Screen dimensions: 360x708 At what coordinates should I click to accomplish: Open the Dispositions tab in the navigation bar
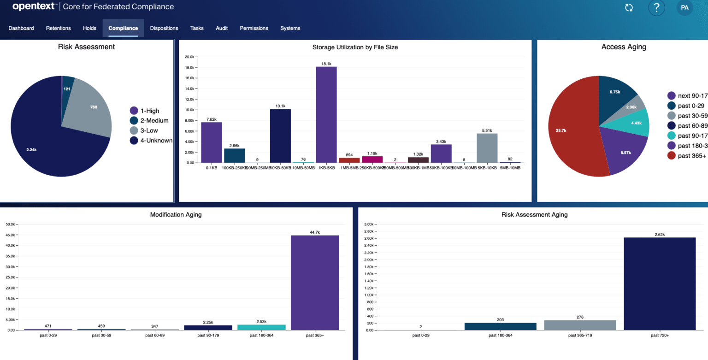point(164,28)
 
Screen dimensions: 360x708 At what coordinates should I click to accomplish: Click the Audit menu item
point(222,28)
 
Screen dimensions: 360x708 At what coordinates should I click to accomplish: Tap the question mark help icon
point(656,7)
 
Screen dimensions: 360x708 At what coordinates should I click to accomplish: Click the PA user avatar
point(684,7)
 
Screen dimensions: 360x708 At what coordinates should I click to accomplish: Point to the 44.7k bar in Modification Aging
point(315,282)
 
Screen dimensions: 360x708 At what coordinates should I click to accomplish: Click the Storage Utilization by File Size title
point(355,47)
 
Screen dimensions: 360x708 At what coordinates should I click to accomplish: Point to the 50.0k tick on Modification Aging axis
point(10,224)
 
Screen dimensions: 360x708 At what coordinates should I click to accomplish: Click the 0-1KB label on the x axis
point(211,168)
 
